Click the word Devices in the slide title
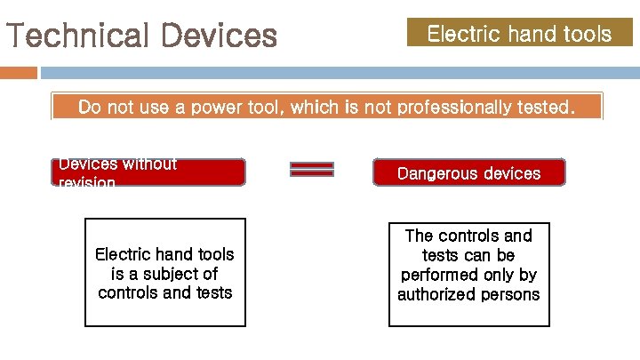click(x=220, y=36)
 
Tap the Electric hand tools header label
click(x=519, y=34)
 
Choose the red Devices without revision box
click(x=148, y=172)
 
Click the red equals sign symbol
click(x=312, y=169)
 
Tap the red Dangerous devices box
click(x=468, y=172)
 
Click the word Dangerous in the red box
click(x=436, y=172)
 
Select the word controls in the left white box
click(x=128, y=292)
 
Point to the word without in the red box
click(x=147, y=164)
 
